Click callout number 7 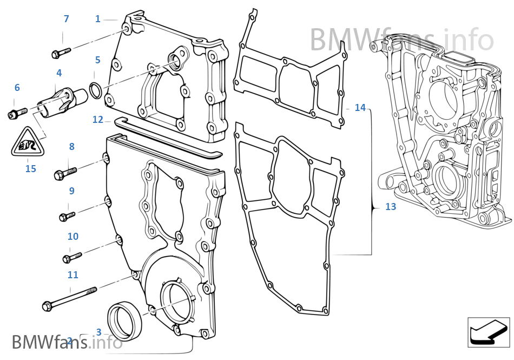click(x=66, y=19)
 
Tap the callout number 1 click(x=98, y=19)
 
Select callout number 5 click(x=97, y=60)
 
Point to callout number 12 click(x=97, y=120)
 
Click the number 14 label click(x=360, y=108)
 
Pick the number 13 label click(x=391, y=207)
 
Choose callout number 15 click(x=31, y=169)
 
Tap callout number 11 click(x=73, y=275)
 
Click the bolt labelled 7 click(x=61, y=53)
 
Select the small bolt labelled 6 click(x=17, y=114)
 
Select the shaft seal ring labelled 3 click(x=126, y=320)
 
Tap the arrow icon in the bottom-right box click(x=488, y=332)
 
